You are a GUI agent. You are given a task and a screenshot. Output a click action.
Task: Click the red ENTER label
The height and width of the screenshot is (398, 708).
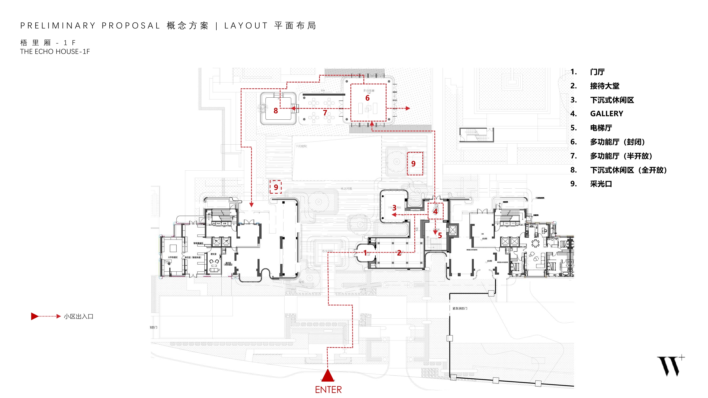coord(328,390)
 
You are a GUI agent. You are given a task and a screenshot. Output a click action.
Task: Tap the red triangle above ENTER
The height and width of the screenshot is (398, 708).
coord(328,376)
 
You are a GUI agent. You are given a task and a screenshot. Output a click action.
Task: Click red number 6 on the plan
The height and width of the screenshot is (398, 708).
coord(367,98)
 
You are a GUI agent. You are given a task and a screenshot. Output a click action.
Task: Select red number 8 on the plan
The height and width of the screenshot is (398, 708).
coord(276,111)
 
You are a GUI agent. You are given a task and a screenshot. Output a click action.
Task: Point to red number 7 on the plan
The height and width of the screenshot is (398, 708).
coord(325,113)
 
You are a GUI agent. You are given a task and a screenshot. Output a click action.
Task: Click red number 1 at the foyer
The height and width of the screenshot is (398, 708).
coord(365,253)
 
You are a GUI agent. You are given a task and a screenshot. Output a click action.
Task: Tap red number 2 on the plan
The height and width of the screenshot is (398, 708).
coord(399,253)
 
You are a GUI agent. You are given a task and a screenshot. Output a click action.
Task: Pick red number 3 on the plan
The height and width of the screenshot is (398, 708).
coord(394,208)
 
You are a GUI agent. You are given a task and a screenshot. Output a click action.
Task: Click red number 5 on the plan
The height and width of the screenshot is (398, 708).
coord(440,235)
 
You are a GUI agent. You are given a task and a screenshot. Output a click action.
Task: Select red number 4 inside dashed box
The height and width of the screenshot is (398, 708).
coord(435,211)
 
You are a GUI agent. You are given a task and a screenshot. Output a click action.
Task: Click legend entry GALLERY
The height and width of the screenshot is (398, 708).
coord(607,114)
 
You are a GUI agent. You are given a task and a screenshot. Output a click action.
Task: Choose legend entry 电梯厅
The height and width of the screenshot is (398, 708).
coord(601,128)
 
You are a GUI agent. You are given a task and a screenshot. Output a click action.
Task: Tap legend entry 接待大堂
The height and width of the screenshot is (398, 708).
coord(605,86)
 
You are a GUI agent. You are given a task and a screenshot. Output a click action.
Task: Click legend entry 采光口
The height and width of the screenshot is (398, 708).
coord(601,184)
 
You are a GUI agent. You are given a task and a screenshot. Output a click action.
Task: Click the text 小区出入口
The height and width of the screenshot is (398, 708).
coord(79,317)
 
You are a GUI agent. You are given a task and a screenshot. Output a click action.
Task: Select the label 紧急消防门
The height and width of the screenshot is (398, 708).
coord(460,309)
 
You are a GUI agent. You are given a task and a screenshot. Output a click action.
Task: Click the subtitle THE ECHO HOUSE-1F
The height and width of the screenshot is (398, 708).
coord(55,52)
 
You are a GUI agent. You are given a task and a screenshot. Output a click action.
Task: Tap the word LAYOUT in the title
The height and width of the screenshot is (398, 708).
coord(246,26)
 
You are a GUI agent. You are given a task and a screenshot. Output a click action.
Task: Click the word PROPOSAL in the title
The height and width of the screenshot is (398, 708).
coord(131,26)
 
